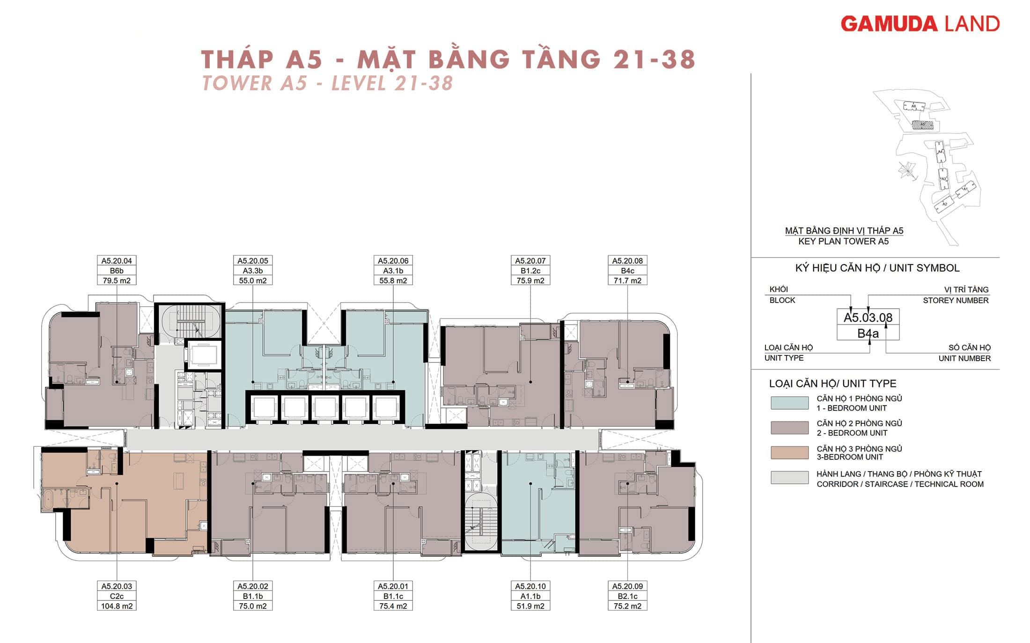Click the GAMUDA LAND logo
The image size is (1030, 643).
click(x=920, y=24)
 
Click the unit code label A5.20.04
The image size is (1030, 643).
click(x=117, y=261)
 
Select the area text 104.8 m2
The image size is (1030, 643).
click(x=117, y=606)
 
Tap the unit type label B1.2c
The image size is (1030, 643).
click(x=530, y=271)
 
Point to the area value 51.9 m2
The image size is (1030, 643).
click(x=530, y=606)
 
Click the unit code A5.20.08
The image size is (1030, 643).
click(x=627, y=261)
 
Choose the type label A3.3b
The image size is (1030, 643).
click(x=253, y=271)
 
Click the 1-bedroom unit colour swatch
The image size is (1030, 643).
click(x=789, y=403)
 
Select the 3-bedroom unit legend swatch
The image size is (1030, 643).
click(x=789, y=452)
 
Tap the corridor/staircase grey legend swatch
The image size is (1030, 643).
click(x=789, y=477)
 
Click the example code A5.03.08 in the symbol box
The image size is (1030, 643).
click(x=868, y=318)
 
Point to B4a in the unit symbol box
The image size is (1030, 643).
click(x=868, y=333)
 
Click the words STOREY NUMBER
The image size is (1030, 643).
click(x=955, y=300)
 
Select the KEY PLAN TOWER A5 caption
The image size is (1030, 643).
click(x=843, y=242)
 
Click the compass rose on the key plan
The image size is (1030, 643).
click(x=906, y=170)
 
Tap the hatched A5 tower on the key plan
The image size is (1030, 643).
click(x=922, y=125)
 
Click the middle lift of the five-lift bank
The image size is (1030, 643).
click(x=324, y=407)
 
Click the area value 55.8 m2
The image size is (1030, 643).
click(x=393, y=281)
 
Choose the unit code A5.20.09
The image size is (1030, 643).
click(x=627, y=586)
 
